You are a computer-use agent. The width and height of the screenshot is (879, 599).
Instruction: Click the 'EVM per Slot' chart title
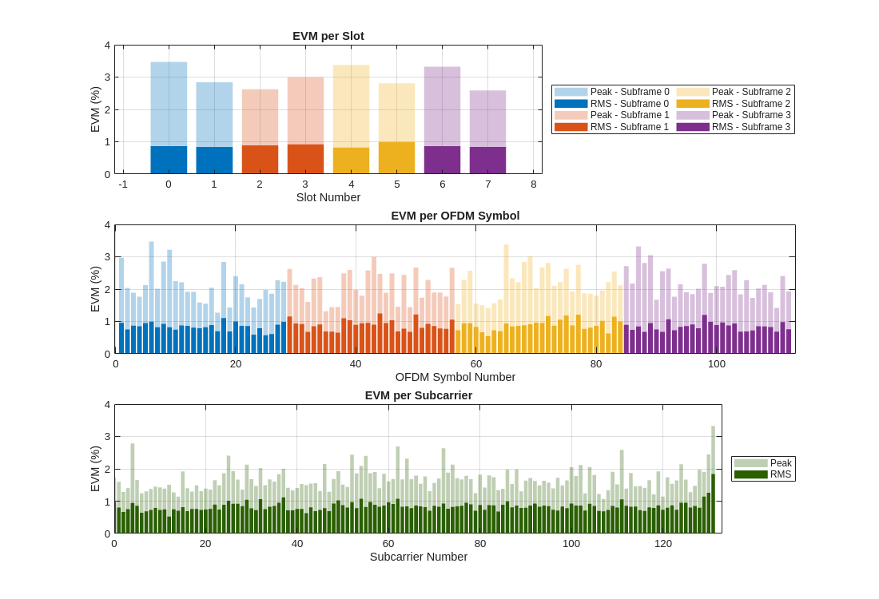coord(328,36)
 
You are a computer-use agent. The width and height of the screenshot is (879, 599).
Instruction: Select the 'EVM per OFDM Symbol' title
coord(455,216)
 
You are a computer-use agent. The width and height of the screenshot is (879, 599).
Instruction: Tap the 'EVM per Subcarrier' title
coord(418,395)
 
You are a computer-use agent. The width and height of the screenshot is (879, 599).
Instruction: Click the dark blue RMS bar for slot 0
coord(169,160)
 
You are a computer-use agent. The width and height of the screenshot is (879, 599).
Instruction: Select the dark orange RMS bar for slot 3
coord(305,159)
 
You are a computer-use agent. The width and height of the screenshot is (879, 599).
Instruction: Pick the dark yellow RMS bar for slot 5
coord(396,158)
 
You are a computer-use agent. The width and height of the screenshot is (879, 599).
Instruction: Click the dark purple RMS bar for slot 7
coord(487,160)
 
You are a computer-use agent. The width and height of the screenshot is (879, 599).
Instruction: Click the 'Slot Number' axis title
coord(328,197)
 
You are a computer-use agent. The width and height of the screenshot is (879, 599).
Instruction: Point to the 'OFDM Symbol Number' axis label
coord(455,377)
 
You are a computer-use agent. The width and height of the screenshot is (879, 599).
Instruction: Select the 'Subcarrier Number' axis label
coord(418,557)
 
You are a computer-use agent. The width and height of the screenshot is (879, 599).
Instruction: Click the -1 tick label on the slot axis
coord(123,184)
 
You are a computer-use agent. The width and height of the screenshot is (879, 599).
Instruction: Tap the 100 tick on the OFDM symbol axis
coord(717,364)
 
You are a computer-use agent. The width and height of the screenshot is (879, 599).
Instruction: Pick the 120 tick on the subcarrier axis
coord(662,544)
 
